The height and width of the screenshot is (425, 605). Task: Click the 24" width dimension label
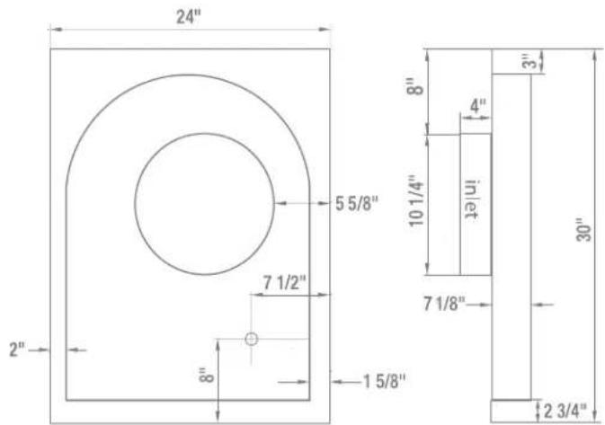189,16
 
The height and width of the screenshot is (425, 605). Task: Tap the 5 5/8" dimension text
357,203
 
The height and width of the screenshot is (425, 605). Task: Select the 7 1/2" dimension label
285,283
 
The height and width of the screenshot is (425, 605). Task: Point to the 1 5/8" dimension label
384,381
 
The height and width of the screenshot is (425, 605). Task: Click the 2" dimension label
17,350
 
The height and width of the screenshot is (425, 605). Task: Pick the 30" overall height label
584,230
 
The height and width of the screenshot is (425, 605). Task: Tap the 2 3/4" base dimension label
565,412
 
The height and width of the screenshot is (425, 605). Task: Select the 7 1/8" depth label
445,304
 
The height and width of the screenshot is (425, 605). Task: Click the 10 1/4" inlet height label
416,201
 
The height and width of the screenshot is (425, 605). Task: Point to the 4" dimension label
478,105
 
